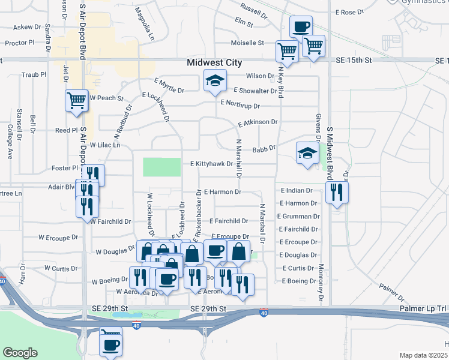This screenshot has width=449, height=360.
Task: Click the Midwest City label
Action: pyautogui.click(x=214, y=62)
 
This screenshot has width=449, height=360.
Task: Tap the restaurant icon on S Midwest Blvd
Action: pyautogui.click(x=337, y=193)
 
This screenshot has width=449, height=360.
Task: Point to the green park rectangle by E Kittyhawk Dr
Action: pyautogui.click(x=161, y=167)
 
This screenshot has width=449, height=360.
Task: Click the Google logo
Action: pyautogui.click(x=20, y=353)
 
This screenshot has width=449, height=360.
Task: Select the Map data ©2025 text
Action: pyautogui.click(x=423, y=355)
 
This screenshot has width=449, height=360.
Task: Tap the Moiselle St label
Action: pyautogui.click(x=248, y=43)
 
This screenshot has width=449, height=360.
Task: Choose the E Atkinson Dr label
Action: pyautogui.click(x=258, y=122)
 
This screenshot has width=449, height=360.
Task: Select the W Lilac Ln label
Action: pyautogui.click(x=105, y=145)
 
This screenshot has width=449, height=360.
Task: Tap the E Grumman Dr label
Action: pyautogui.click(x=298, y=216)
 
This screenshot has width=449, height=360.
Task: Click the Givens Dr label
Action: pyautogui.click(x=316, y=128)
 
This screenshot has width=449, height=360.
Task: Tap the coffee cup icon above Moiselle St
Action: pyautogui.click(x=301, y=27)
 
